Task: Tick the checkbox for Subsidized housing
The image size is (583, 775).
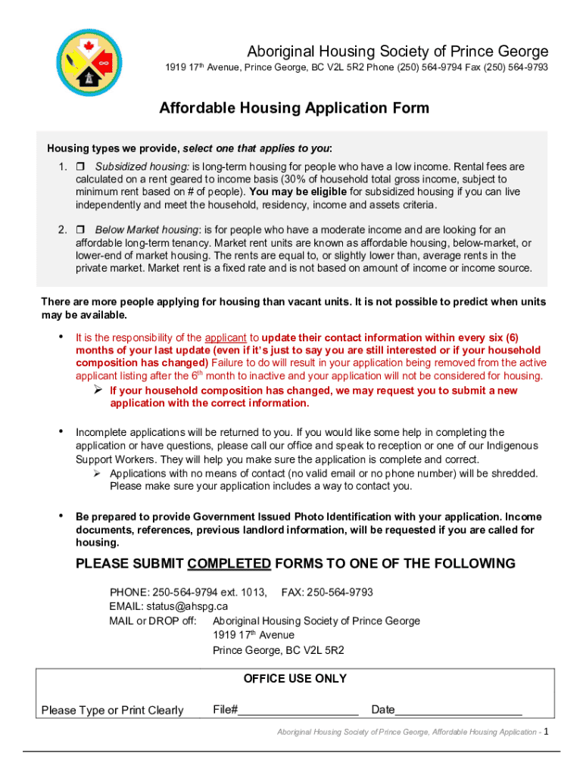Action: tap(79, 167)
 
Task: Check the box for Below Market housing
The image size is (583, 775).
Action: tap(79, 230)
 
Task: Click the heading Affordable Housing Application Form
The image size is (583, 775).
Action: tap(294, 108)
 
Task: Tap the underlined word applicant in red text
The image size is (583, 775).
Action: tap(225, 338)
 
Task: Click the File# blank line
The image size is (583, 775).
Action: tap(298, 710)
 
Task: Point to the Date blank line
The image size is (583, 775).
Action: tap(458, 710)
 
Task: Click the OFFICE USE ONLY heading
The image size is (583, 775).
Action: tap(295, 679)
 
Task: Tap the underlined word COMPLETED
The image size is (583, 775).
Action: tap(229, 564)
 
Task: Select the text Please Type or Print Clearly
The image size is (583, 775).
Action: tap(112, 710)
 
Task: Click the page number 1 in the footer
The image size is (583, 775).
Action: tap(546, 732)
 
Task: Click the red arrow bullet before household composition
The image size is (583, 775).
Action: tap(98, 391)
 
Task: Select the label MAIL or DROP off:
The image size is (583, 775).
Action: tap(153, 621)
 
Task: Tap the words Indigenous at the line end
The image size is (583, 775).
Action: tap(512, 446)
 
